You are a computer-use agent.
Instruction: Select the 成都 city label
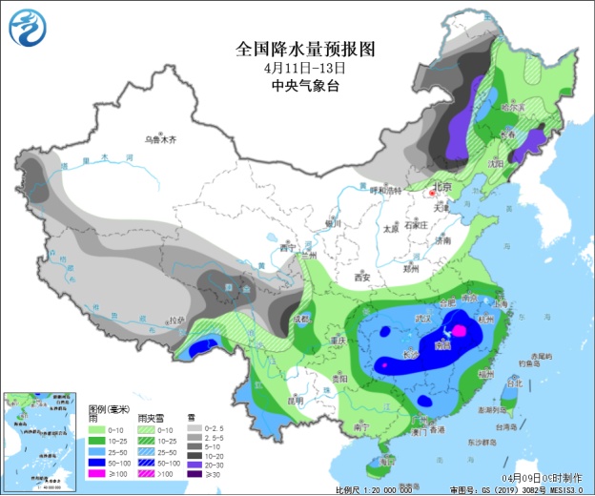[302, 319]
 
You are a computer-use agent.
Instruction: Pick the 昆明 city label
[293, 401]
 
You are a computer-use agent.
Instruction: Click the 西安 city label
[362, 277]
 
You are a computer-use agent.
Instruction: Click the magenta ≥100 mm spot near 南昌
[459, 330]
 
